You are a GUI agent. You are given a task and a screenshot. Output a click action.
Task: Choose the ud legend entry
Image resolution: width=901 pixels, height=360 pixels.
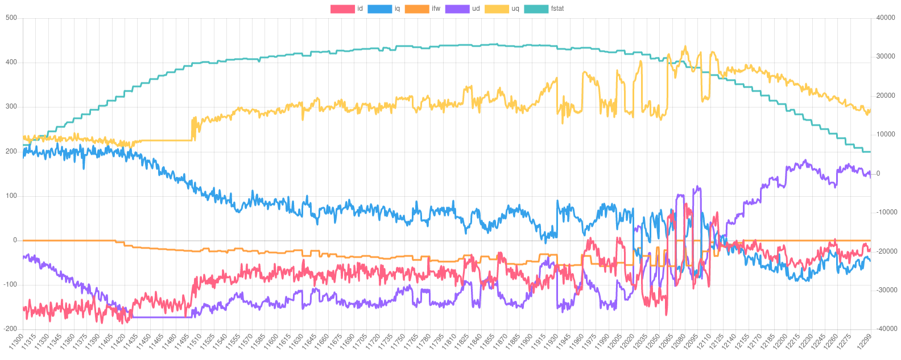462,9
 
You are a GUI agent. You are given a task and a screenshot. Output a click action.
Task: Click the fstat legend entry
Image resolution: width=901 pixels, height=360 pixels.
544,9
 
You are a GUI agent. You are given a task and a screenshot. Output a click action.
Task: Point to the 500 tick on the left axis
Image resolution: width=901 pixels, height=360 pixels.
11,18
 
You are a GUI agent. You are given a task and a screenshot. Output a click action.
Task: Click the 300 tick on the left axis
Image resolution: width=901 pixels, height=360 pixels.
11,106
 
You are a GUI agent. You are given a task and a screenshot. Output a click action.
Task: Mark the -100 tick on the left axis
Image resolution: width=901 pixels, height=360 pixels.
10,284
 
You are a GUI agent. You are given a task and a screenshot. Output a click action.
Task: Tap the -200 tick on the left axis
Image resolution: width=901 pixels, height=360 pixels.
10,329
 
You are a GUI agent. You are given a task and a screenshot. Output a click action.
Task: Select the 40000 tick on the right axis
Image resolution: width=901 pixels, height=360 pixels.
886,18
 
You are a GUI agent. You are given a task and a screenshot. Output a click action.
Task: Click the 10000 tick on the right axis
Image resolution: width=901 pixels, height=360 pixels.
886,134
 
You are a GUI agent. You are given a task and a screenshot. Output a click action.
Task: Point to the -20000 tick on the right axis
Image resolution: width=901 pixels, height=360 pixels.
886,251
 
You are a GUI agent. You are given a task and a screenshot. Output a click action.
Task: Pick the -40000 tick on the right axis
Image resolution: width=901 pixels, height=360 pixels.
886,329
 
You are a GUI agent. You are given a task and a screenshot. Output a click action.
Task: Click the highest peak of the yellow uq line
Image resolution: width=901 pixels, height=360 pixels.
685,47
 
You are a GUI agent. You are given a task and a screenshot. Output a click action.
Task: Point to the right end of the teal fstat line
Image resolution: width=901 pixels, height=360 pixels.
870,152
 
